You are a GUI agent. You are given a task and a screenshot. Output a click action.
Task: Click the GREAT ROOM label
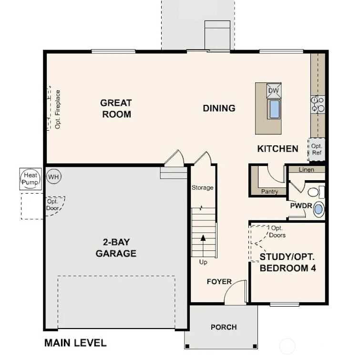[x=116, y=108]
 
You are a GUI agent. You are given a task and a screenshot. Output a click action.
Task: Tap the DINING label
[x=219, y=108]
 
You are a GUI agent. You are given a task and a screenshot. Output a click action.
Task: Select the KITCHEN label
[x=278, y=149]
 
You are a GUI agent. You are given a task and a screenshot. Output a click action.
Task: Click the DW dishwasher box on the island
[x=274, y=91]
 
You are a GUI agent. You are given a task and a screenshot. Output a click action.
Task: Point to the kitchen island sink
[x=274, y=109]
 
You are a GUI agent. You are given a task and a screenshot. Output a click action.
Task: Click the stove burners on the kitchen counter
[x=318, y=104]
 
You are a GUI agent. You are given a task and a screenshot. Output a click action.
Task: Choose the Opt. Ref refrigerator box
[x=317, y=149]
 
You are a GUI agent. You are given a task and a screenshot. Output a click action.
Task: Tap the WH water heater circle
[x=54, y=177]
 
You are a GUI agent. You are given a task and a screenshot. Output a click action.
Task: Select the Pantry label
[x=269, y=192]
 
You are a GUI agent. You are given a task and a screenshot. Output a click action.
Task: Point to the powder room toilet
[x=314, y=192]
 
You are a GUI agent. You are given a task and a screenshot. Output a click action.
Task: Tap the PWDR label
[x=301, y=206]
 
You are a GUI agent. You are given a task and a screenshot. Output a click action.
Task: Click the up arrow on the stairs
[x=204, y=239]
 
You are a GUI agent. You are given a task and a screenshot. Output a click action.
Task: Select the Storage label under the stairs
[x=202, y=188]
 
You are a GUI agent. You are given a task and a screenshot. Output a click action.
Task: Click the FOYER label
[x=219, y=282]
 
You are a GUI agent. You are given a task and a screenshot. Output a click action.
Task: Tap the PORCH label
[x=224, y=327]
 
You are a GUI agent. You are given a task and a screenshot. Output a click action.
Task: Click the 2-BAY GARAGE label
[x=116, y=248]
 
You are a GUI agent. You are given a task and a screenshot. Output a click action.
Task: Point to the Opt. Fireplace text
[x=58, y=109]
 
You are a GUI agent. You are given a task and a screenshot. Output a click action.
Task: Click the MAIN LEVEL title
[x=75, y=343]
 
